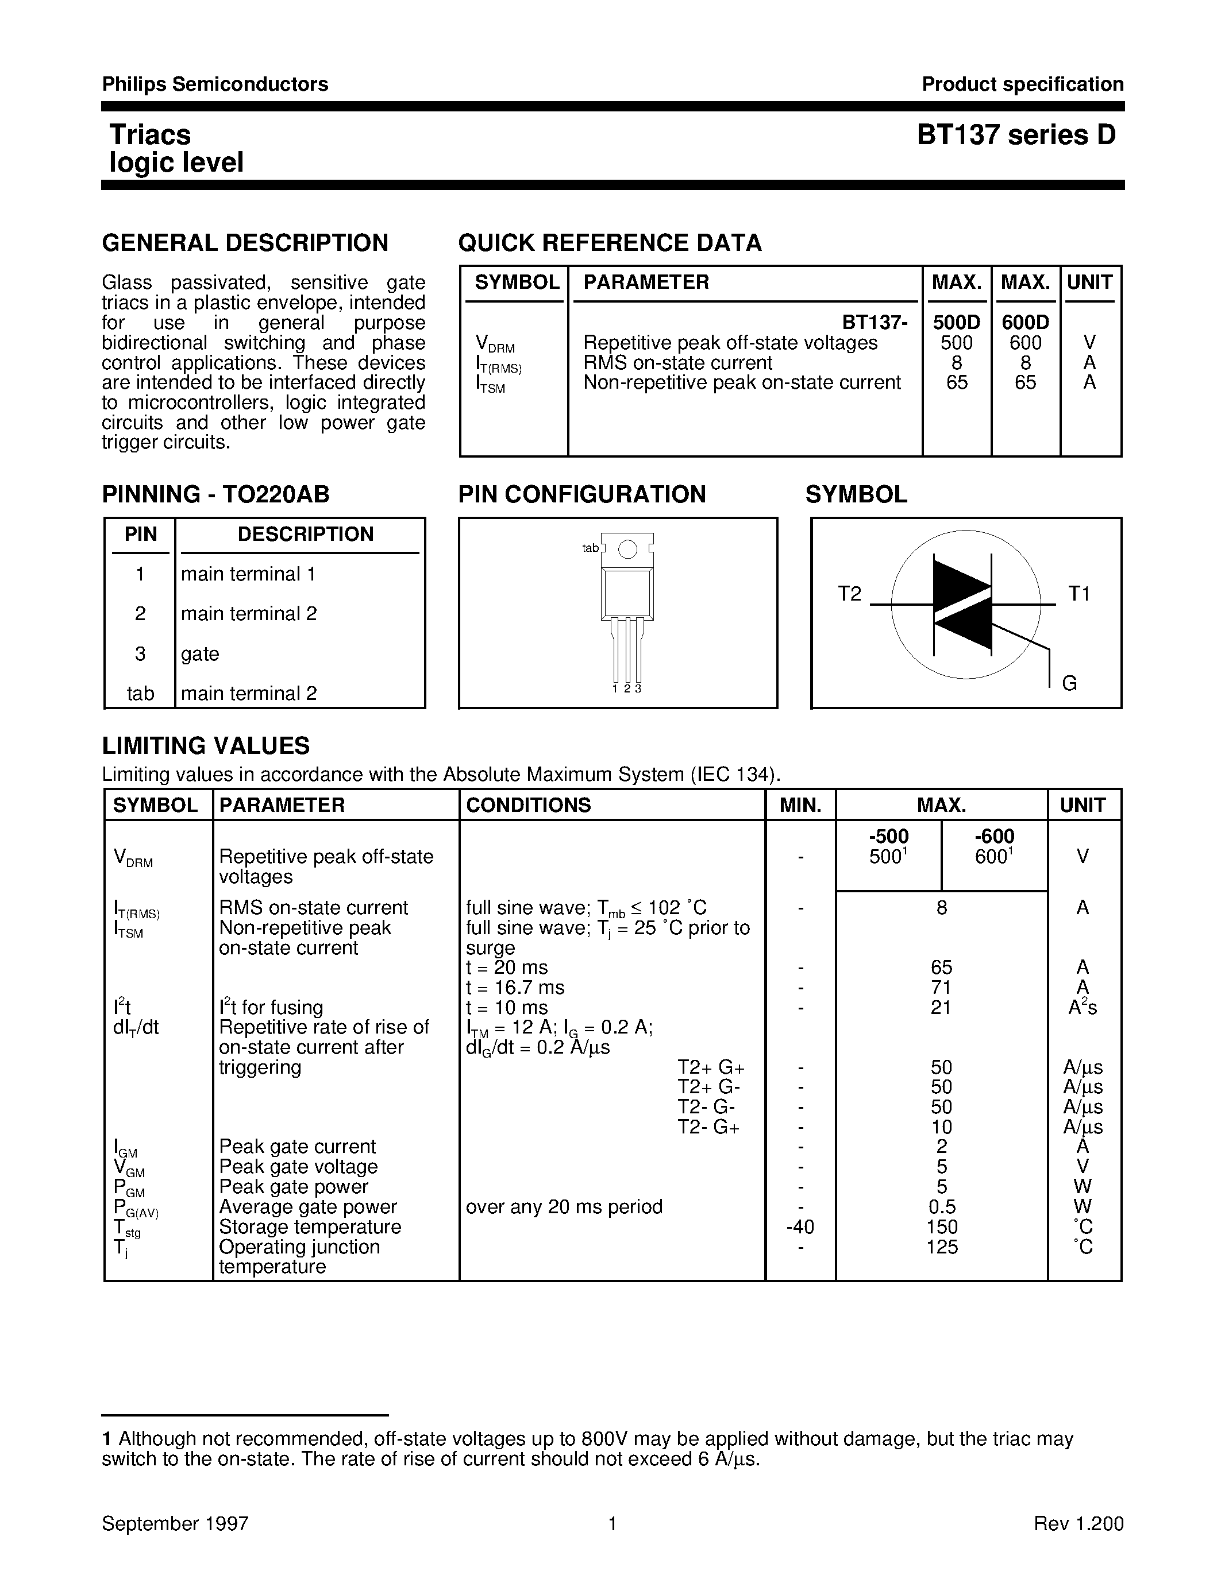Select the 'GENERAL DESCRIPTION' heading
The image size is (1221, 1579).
coord(245,243)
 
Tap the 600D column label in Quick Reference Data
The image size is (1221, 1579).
coord(1025,323)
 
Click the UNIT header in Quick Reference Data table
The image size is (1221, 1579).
coord(1089,282)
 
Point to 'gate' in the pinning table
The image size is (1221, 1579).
coord(199,653)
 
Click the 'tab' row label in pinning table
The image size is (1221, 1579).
coord(140,694)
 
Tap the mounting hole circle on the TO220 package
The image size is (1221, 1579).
coord(628,549)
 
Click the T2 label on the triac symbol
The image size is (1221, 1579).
coord(850,594)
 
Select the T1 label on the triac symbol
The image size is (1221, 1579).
coord(1079,594)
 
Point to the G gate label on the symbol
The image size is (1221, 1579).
coord(1069,683)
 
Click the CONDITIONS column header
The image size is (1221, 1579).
coord(528,804)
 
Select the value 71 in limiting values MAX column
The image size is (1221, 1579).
coord(941,988)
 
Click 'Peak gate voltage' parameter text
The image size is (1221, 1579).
coord(298,1167)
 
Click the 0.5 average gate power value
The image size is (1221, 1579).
coord(941,1207)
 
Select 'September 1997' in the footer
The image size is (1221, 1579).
coord(175,1524)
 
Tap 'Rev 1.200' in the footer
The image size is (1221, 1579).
coord(1079,1524)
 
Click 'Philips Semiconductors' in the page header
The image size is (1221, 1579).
coord(215,84)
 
